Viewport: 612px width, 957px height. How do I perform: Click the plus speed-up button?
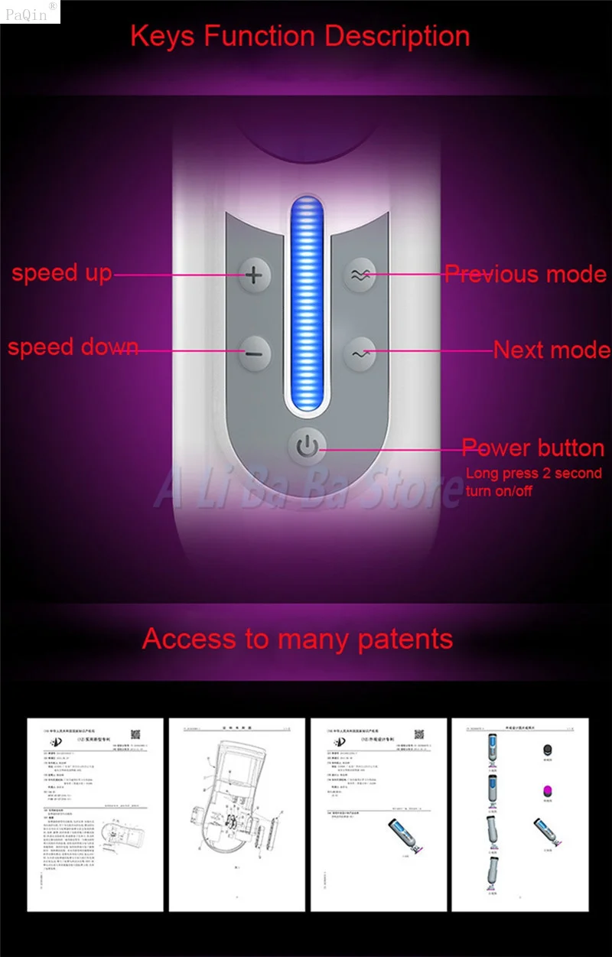pyautogui.click(x=255, y=274)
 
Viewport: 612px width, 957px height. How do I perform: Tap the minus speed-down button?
pyautogui.click(x=255, y=353)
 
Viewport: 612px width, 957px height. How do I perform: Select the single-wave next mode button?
pyautogui.click(x=357, y=353)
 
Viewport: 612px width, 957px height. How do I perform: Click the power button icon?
pyautogui.click(x=306, y=446)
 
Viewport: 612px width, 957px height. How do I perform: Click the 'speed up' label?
pyautogui.click(x=61, y=273)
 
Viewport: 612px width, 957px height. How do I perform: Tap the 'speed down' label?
pyautogui.click(x=73, y=347)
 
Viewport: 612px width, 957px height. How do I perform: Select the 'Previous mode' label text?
pyautogui.click(x=525, y=274)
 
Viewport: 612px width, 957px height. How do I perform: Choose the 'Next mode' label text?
pyautogui.click(x=551, y=350)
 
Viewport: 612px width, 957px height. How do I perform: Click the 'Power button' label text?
pyautogui.click(x=533, y=448)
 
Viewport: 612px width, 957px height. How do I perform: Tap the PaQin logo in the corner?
pyautogui.click(x=29, y=11)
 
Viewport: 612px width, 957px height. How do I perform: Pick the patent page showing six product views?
pyautogui.click(x=517, y=815)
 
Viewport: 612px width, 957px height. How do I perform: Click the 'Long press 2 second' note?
pyautogui.click(x=534, y=474)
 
